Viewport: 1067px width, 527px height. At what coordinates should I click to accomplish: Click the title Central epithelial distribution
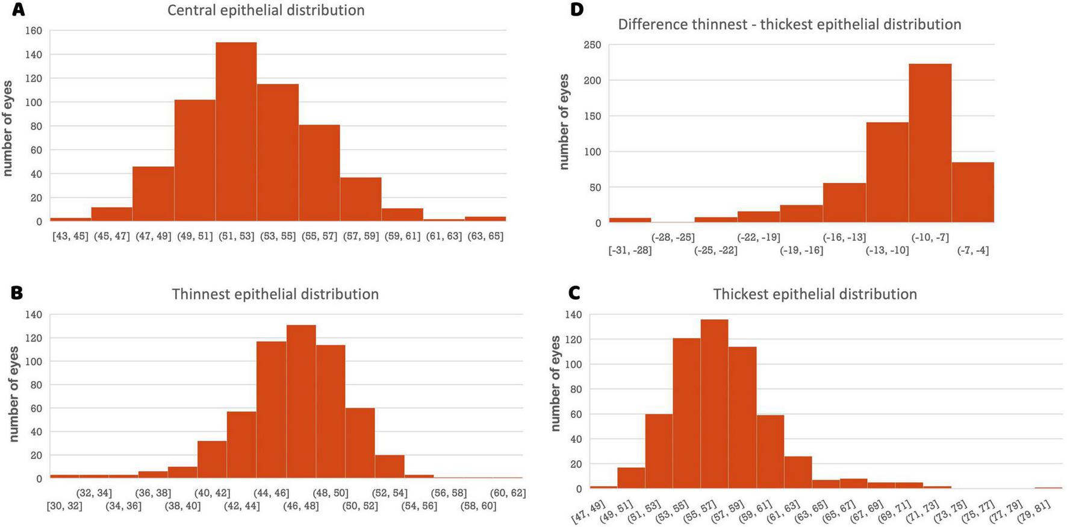[266, 10]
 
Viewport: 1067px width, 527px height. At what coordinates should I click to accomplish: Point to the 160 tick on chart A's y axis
[34, 31]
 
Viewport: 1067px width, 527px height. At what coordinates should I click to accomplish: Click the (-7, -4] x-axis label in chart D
[972, 250]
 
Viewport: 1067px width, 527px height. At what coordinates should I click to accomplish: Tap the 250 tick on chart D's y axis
[592, 45]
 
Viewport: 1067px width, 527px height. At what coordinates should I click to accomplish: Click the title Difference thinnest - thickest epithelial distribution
[789, 25]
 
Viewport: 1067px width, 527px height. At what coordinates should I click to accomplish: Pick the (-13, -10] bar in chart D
[887, 172]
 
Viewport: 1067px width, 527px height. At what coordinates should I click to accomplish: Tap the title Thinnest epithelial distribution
[275, 294]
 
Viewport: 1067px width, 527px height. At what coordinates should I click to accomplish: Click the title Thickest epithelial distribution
[815, 294]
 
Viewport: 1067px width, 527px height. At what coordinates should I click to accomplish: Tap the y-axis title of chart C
[555, 384]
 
